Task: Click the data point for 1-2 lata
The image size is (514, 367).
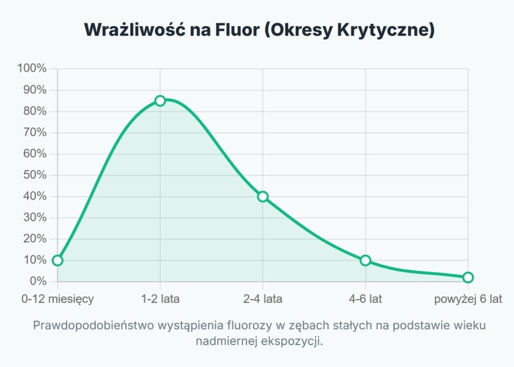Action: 160,101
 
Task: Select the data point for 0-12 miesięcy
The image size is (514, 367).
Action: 58,260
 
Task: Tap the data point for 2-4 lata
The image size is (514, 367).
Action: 263,197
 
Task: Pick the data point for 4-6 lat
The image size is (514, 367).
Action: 365,260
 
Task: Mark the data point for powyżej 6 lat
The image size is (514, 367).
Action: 468,277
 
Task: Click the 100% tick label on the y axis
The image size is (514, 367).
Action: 32,69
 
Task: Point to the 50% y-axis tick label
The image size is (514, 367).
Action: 35,175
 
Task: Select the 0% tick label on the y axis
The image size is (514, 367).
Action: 38,281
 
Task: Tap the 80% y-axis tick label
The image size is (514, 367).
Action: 35,111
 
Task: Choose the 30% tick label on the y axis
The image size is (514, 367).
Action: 35,218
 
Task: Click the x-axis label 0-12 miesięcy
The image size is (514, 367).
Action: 58,299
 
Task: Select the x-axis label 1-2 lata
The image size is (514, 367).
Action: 160,299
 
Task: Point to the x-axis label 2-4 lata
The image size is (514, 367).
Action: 263,299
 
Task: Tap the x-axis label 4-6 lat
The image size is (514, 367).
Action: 365,299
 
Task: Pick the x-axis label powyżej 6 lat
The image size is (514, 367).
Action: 468,299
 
